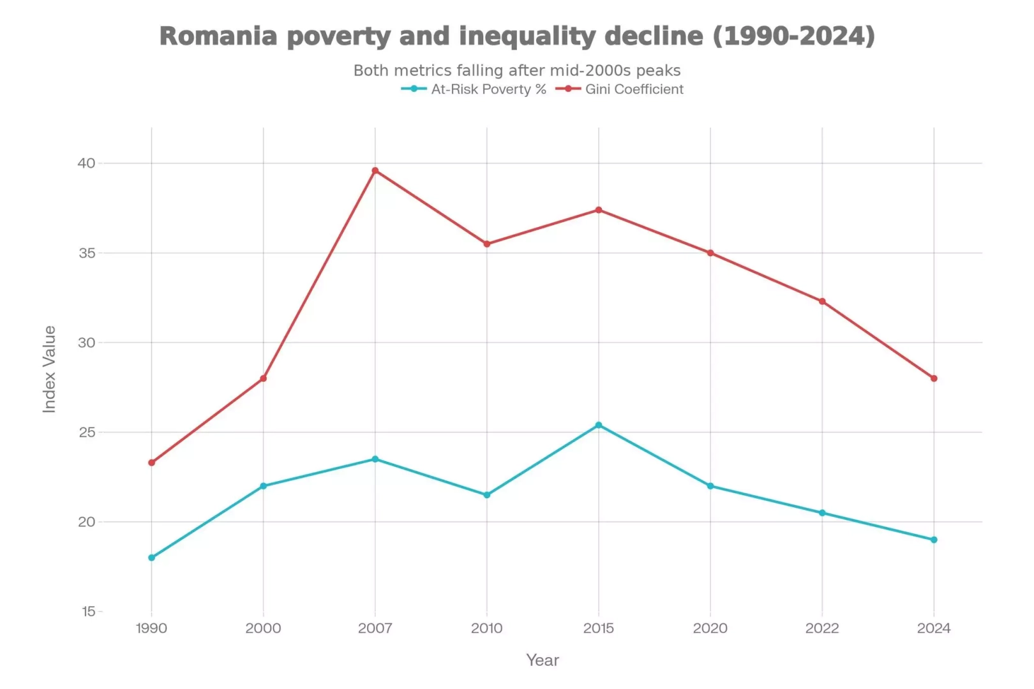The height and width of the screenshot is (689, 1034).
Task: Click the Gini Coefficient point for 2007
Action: click(x=375, y=170)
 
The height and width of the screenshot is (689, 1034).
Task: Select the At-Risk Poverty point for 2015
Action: click(x=599, y=425)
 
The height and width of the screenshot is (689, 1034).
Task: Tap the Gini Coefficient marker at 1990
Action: click(x=151, y=463)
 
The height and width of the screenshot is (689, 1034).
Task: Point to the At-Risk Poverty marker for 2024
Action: click(x=934, y=540)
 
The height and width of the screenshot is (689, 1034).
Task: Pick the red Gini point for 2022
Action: click(x=822, y=301)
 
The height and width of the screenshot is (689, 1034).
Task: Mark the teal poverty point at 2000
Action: click(x=263, y=486)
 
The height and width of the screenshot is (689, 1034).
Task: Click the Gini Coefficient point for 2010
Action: click(x=487, y=244)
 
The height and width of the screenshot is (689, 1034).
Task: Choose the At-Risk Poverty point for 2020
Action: click(x=710, y=486)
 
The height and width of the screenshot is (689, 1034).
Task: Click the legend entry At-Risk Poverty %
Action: click(x=488, y=89)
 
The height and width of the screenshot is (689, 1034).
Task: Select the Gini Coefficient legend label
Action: click(x=634, y=89)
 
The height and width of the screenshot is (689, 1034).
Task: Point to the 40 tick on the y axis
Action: click(x=87, y=163)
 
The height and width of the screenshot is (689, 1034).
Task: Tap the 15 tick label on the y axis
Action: click(x=89, y=612)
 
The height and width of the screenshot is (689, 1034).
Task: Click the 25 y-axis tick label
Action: click(x=87, y=433)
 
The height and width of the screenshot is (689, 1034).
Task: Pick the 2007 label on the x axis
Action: click(x=375, y=628)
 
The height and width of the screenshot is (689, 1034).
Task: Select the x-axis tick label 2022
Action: click(x=822, y=628)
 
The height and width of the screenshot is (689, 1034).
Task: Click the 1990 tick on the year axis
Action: click(x=151, y=628)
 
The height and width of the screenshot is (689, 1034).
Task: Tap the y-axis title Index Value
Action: click(x=49, y=369)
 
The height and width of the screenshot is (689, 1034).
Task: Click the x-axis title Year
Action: click(x=543, y=660)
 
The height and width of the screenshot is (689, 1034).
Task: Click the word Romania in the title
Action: click(x=218, y=36)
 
